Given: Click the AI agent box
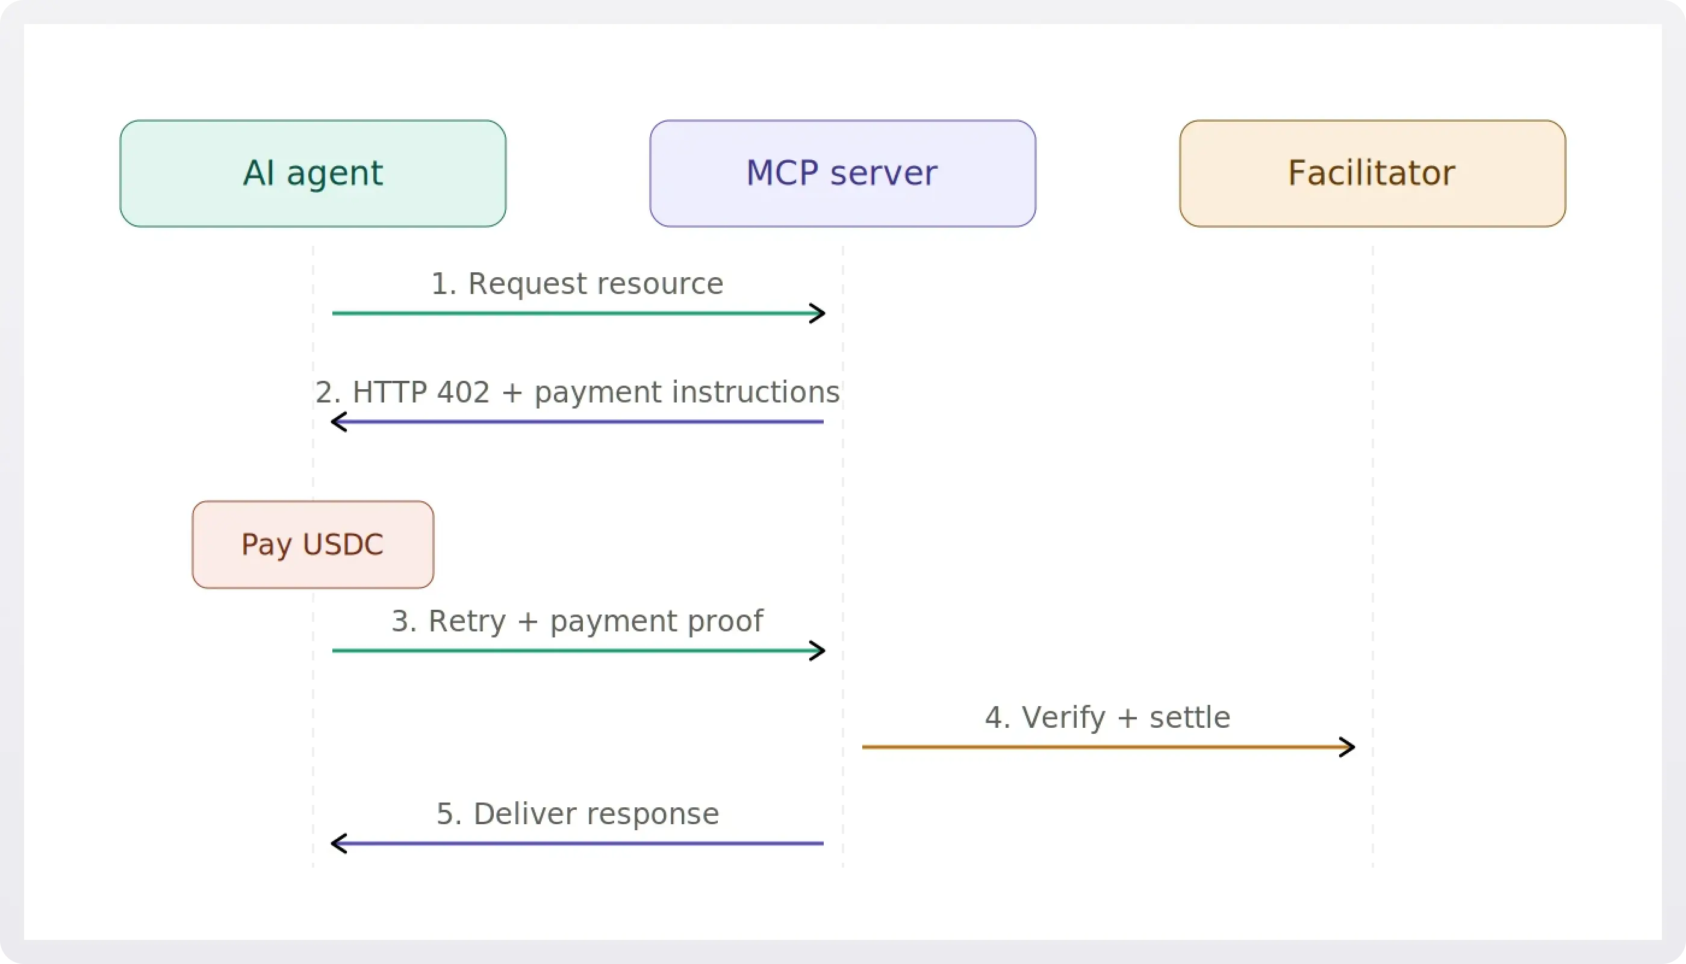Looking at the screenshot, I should click(x=313, y=174).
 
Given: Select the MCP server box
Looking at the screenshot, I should click(x=842, y=174).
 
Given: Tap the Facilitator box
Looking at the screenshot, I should click(x=1372, y=174).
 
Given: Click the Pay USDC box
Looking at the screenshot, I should click(x=313, y=544).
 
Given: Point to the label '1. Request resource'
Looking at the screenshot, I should click(x=577, y=283).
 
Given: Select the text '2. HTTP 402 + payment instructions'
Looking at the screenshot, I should click(x=577, y=392).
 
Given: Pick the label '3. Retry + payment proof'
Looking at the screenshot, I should click(x=577, y=621).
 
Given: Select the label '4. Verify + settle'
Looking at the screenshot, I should click(x=1107, y=718).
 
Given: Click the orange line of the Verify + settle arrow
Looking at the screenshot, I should click(x=1092, y=748).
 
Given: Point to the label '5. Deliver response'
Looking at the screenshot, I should click(x=577, y=814).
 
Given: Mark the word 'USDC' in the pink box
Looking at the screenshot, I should click(x=343, y=544).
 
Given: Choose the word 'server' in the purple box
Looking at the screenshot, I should click(x=883, y=174).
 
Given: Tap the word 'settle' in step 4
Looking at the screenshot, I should click(x=1189, y=718).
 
